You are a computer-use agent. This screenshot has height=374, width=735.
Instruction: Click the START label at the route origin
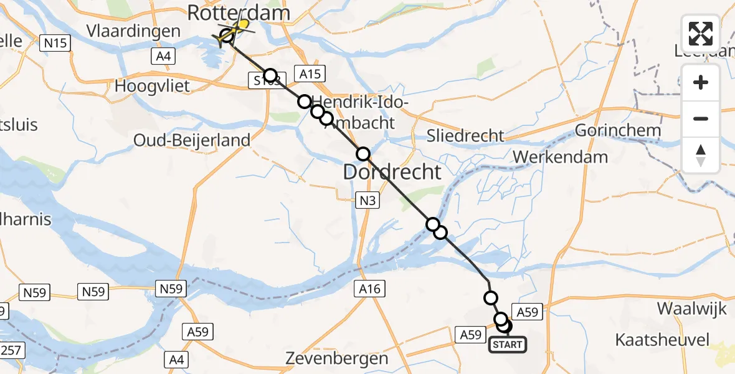(x=508, y=344)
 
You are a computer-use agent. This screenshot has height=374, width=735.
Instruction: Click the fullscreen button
(x=701, y=34)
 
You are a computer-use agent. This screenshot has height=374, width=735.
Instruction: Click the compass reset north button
(x=701, y=155)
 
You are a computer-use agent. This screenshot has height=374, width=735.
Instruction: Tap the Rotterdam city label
(x=239, y=12)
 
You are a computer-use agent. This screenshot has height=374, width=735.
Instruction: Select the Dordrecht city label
(x=392, y=171)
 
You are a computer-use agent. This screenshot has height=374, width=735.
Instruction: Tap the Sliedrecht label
(x=465, y=135)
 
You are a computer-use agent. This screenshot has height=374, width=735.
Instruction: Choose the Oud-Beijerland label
(x=192, y=140)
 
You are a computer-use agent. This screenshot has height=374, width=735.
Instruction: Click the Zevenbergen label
(x=337, y=358)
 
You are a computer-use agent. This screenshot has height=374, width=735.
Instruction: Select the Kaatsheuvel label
(x=661, y=340)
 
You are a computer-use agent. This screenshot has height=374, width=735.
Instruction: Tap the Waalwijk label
(x=684, y=309)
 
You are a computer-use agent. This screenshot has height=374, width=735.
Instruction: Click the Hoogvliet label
(x=152, y=86)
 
